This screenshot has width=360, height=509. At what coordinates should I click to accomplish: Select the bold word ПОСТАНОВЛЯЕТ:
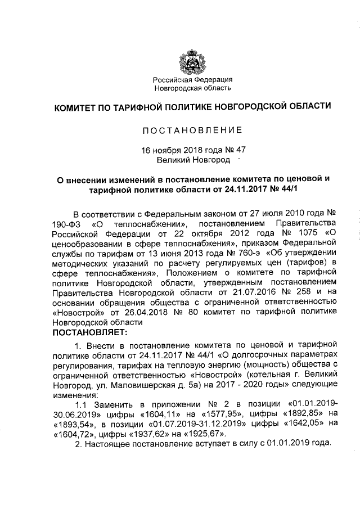(90, 332)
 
